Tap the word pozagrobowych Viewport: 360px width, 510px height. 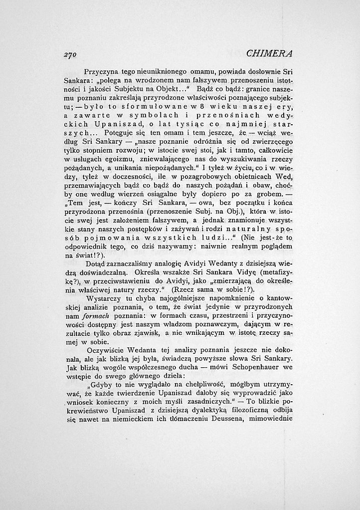(187, 185)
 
